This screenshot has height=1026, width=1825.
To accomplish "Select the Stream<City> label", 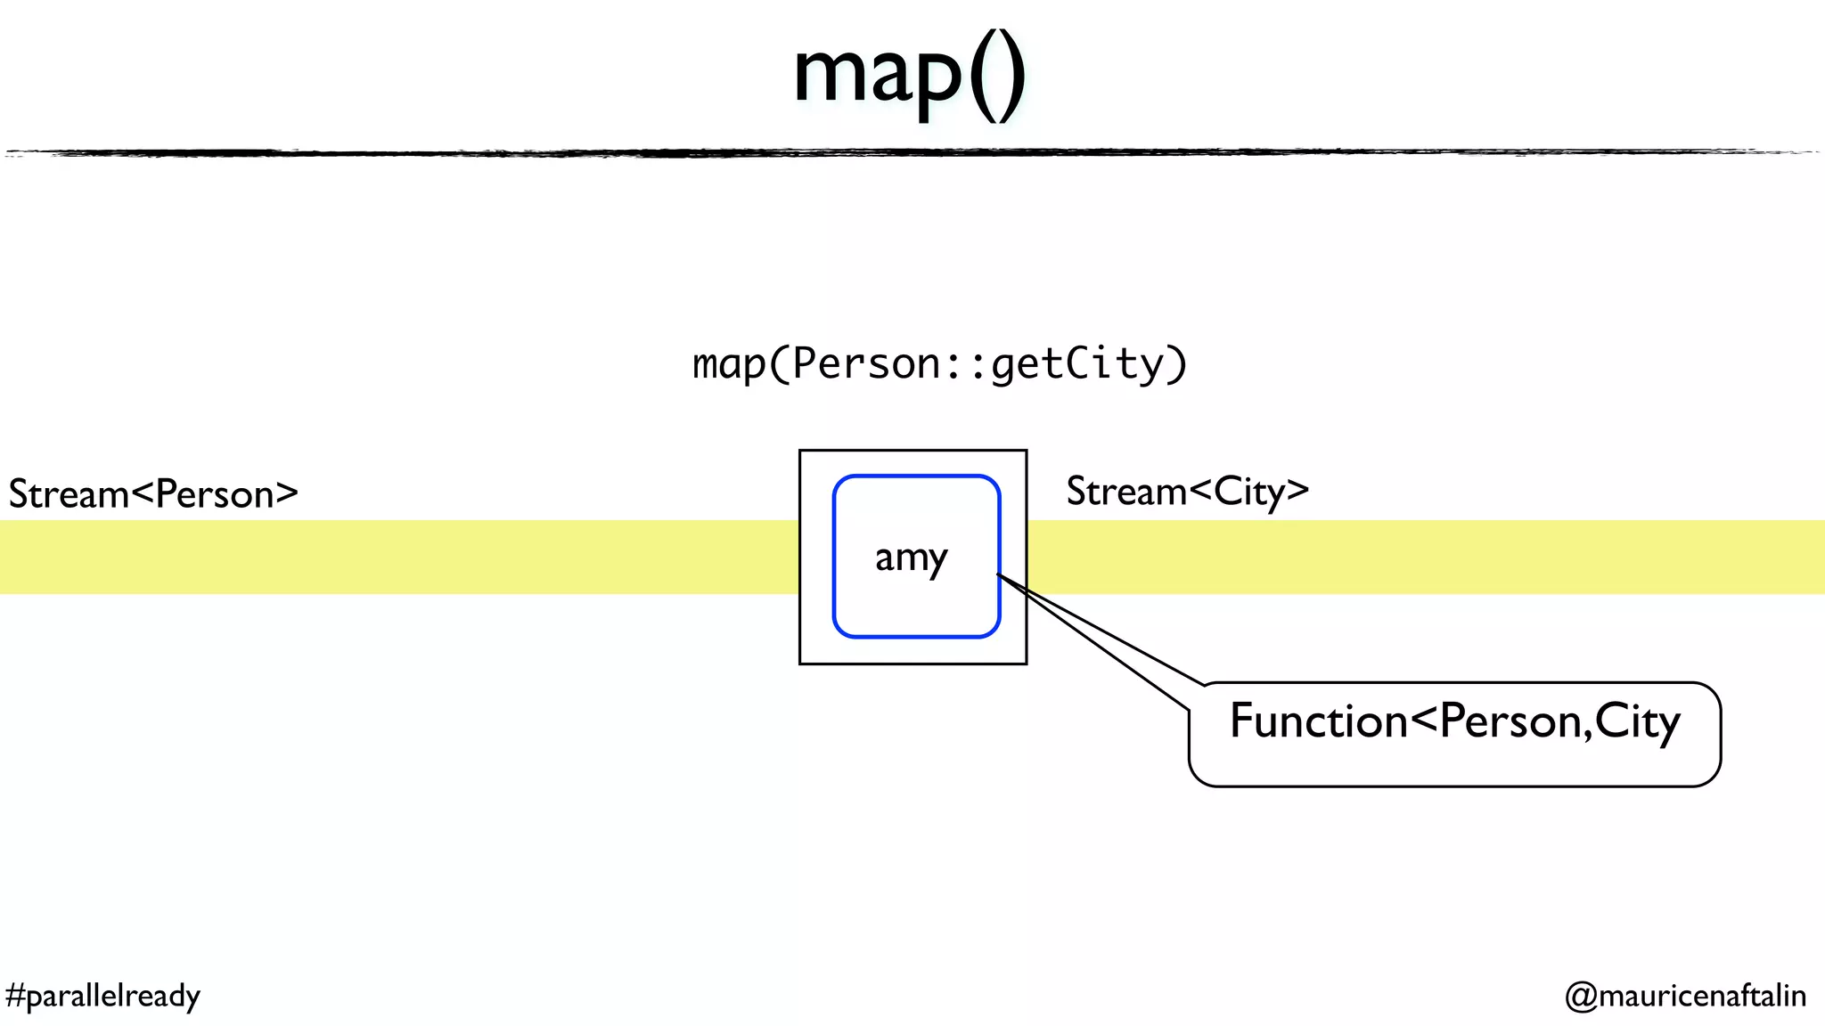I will [1187, 492].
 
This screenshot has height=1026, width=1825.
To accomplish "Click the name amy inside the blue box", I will [911, 558].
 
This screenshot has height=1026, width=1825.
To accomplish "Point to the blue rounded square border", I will [834, 557].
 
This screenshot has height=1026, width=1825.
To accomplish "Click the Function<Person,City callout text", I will [1454, 721].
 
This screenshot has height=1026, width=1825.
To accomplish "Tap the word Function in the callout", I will [1317, 721].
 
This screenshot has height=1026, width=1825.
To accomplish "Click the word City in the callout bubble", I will [1637, 721].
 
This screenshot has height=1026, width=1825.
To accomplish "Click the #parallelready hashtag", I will [102, 996].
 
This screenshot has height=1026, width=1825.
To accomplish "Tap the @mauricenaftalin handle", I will [1685, 996].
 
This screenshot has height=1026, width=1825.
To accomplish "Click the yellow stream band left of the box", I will [401, 557].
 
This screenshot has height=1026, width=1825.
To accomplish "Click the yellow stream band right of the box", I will [1426, 557].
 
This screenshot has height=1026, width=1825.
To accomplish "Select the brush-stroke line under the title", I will [912, 153].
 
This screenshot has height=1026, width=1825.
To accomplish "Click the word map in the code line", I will [729, 364].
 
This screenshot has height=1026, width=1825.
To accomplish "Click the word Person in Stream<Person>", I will [214, 494].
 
